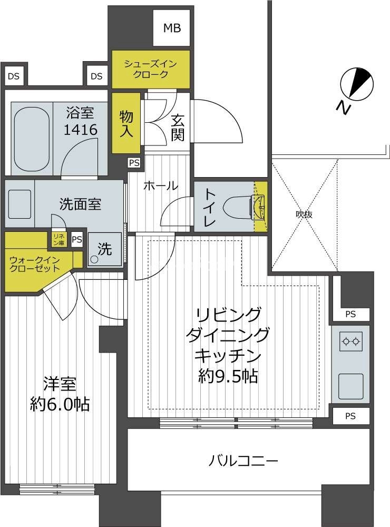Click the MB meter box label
pos(172,28)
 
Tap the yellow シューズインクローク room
pos(151,69)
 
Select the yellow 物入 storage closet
pos(126,123)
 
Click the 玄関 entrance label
pos(178,128)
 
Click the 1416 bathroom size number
pos(81,130)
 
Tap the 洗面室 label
pos(80,204)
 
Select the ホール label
pos(161,186)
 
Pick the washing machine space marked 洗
pos(104,249)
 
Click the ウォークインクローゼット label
pos(35,264)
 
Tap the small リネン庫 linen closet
pos(58,239)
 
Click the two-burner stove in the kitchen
pos(351,341)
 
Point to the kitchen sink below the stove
pos(351,385)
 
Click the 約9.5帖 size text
pos(228,377)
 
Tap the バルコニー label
pos(243,461)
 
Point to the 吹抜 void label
pos(304,214)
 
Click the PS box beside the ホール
pos(134,163)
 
